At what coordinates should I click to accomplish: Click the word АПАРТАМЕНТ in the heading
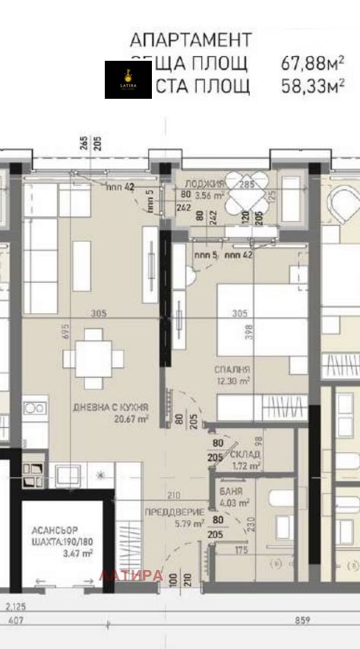coord(190,40)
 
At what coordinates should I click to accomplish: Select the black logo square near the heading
coord(128,79)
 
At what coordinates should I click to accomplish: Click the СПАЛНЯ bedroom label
coord(232,369)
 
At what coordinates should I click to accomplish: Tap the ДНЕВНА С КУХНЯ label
coord(111,407)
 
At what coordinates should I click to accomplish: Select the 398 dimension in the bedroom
coord(247,331)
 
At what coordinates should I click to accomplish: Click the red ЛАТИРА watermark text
coord(131,575)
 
